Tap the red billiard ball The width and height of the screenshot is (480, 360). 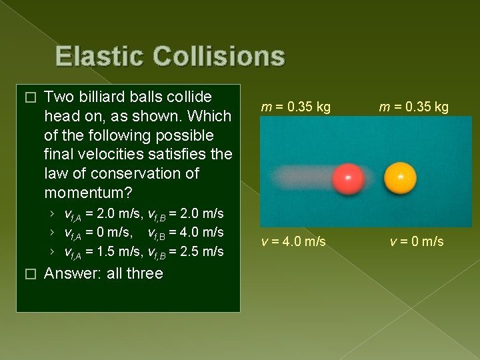pyautogui.click(x=348, y=179)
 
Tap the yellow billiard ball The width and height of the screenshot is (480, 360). pyautogui.click(x=401, y=178)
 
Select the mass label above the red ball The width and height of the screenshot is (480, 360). pyautogui.click(x=296, y=107)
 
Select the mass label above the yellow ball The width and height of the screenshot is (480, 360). pyautogui.click(x=414, y=107)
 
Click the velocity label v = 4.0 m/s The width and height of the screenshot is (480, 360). pyautogui.click(x=294, y=241)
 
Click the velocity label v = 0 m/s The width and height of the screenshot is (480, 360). pyautogui.click(x=417, y=241)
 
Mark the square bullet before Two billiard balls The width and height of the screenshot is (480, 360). pyautogui.click(x=27, y=97)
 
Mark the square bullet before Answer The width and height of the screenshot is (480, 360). pyautogui.click(x=27, y=274)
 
